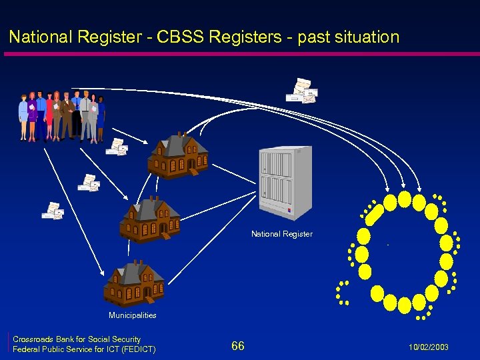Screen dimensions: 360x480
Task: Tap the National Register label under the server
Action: [281, 234]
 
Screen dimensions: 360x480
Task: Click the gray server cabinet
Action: [285, 183]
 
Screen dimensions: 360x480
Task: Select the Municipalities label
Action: [133, 315]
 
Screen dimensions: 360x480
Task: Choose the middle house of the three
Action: [150, 220]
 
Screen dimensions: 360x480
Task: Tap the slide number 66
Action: [238, 345]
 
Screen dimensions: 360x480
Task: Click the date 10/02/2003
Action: [430, 347]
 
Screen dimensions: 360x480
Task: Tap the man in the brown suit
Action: [67, 115]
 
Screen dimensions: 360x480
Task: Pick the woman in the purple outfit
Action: [32, 115]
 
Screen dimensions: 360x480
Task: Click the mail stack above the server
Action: [302, 91]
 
